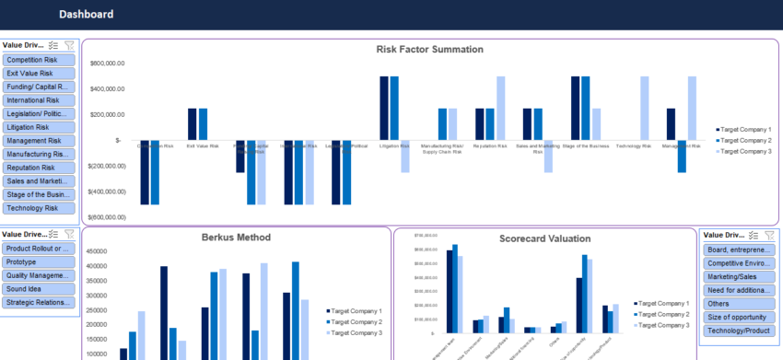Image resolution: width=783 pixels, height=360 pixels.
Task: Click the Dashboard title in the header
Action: (87, 14)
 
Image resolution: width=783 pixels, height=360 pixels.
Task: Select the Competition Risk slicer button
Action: (39, 60)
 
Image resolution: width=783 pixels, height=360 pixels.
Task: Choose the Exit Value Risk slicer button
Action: (39, 73)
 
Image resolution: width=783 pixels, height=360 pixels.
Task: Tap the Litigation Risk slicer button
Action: (39, 127)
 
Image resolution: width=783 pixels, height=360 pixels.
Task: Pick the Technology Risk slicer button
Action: (39, 208)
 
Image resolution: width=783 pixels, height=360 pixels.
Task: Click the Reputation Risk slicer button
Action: (39, 168)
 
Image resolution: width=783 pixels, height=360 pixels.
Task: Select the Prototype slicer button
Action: (39, 261)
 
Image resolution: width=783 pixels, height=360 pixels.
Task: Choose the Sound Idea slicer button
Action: (39, 288)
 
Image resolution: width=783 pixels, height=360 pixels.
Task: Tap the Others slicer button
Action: (738, 303)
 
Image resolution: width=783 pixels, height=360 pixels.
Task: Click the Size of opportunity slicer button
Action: (738, 317)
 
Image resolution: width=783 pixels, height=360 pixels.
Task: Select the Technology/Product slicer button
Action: (738, 330)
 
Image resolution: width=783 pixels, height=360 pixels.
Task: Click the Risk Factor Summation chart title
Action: (429, 50)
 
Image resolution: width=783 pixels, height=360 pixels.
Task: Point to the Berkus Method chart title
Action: (236, 238)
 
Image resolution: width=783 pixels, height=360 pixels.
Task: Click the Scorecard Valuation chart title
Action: (544, 238)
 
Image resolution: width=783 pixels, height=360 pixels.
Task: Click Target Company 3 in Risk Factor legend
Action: (746, 151)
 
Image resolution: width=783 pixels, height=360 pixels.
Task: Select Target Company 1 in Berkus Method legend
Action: (357, 311)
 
